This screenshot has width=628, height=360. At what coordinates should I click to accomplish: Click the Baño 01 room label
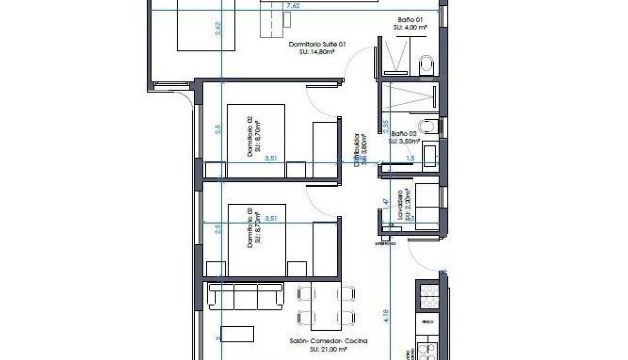(410, 20)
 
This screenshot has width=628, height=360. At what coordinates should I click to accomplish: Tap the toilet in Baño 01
(427, 65)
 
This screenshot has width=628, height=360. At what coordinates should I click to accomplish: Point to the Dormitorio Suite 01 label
(317, 44)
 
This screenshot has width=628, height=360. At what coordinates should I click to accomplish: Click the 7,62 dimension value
(293, 6)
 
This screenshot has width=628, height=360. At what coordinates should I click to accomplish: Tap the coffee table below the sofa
(237, 334)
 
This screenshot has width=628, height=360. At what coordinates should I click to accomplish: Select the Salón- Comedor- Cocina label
(329, 341)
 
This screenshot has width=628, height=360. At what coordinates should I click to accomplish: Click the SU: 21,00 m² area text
(329, 349)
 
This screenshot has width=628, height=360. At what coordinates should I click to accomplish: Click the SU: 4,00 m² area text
(410, 28)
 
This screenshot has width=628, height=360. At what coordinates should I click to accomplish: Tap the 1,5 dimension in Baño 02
(410, 158)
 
